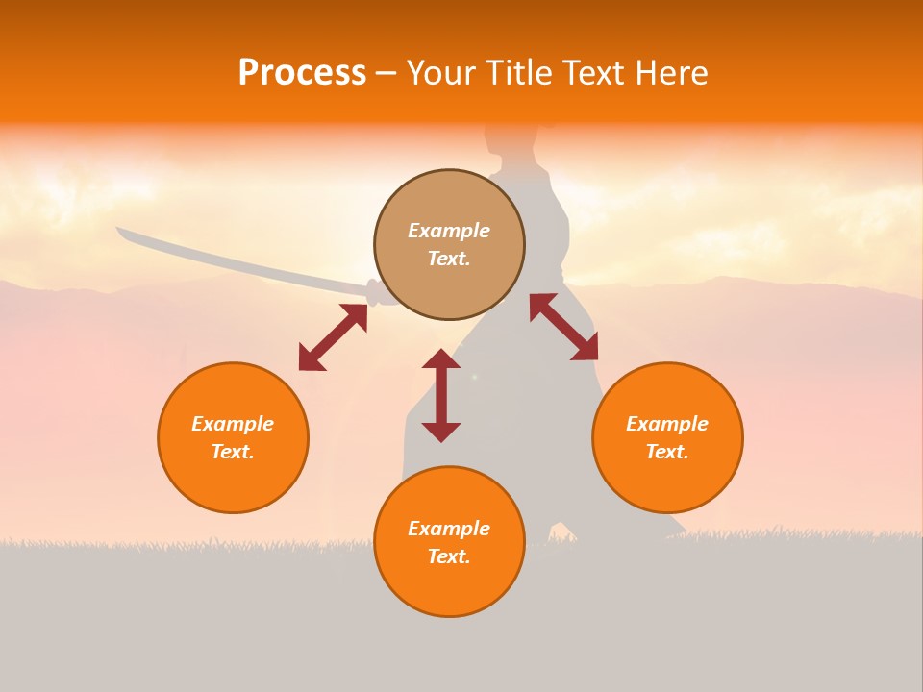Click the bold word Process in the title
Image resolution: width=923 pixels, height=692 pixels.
[302, 73]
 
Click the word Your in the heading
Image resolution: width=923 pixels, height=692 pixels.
[441, 73]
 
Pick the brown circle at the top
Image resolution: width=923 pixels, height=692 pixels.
[449, 245]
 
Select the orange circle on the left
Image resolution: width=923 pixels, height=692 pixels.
[233, 437]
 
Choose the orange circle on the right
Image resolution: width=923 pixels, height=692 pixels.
[667, 437]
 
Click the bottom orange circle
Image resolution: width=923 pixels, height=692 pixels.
[449, 541]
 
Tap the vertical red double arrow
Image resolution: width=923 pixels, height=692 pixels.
[441, 395]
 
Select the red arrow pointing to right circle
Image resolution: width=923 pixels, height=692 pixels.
[564, 327]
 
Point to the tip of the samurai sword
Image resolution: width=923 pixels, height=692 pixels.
[118, 230]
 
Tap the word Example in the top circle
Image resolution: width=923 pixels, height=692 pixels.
[449, 231]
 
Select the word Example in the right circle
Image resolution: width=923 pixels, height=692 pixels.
[667, 424]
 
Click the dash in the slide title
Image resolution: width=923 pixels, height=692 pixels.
[386, 74]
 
